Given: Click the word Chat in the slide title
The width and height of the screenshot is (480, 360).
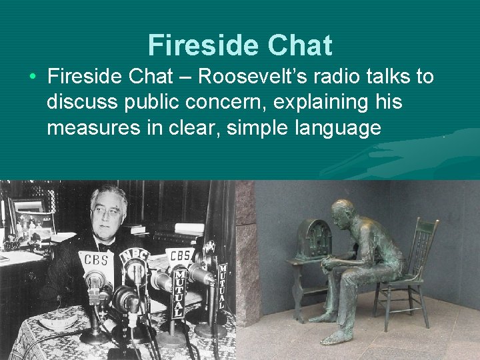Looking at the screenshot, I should tap(300, 45).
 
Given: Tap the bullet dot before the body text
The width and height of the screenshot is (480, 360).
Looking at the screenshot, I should tap(33, 77).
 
